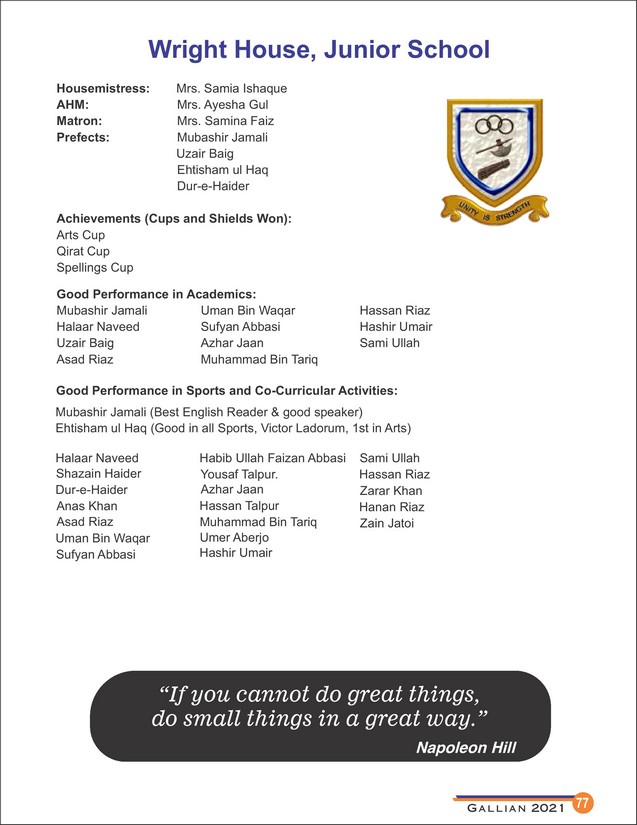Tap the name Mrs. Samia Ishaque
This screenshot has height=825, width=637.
pos(231,89)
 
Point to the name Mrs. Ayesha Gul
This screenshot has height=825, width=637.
pos(223,105)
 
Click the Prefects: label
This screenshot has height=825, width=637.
pos(83,137)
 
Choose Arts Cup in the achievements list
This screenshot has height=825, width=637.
pos(80,235)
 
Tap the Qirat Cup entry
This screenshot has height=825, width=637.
pos(83,251)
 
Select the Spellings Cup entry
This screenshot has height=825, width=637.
pos(94,268)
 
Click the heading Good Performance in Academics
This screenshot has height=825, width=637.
pos(157,294)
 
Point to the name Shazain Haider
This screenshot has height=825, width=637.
pos(98,473)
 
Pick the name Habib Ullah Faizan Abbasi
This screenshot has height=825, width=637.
pos(272,457)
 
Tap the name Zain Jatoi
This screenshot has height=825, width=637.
pos(386,523)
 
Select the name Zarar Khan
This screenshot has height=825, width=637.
pos(390,491)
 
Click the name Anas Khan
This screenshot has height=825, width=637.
pos(86,506)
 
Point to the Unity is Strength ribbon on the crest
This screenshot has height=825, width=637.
pos(498,212)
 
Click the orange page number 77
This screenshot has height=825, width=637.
pos(583,803)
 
